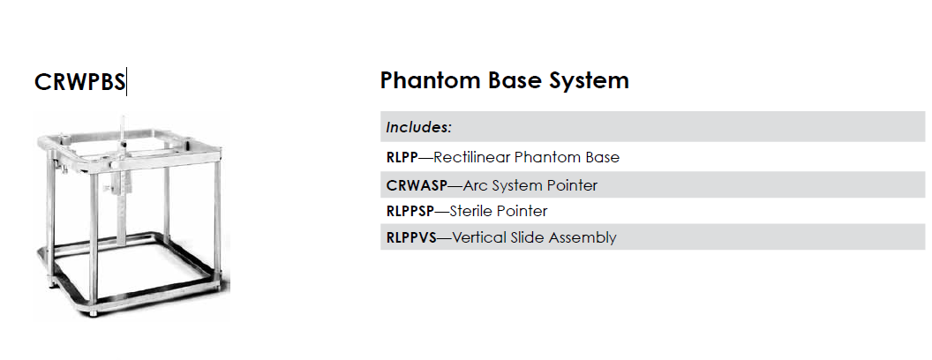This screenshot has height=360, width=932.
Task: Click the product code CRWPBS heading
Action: (79, 82)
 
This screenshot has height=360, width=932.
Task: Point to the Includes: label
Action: (419, 127)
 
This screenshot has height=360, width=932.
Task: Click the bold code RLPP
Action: (402, 157)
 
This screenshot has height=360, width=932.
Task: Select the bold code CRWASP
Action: (416, 185)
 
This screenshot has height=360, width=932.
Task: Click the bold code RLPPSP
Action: (410, 212)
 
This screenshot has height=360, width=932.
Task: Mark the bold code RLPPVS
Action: (411, 237)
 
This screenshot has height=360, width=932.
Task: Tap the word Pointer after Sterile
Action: (522, 212)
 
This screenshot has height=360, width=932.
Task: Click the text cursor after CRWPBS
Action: (126, 82)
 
